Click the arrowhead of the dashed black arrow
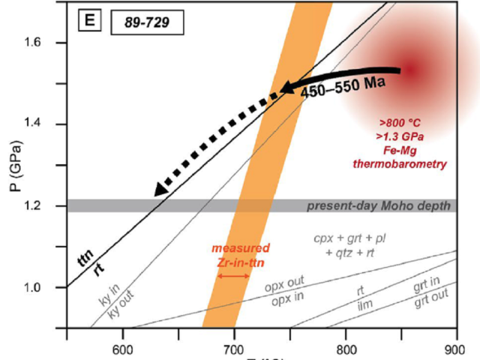pos(158,192)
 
